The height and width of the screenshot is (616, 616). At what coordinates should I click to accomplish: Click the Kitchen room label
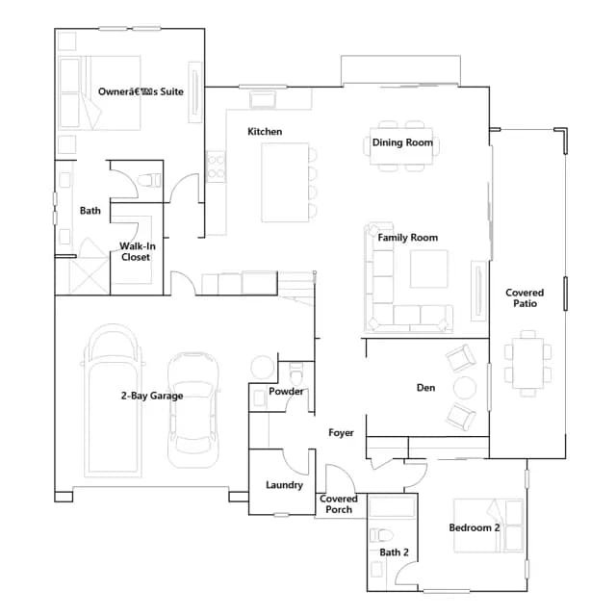pyautogui.click(x=265, y=132)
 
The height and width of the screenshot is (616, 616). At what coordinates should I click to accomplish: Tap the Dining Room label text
pyautogui.click(x=402, y=142)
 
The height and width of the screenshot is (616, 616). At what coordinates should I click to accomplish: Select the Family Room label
pyautogui.click(x=408, y=238)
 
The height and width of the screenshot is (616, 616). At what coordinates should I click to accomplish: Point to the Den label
pyautogui.click(x=425, y=388)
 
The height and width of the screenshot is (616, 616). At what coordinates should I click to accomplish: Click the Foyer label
pyautogui.click(x=341, y=433)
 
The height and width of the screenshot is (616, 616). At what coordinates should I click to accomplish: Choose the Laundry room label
pyautogui.click(x=285, y=485)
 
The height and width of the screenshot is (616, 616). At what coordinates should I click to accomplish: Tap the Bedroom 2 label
pyautogui.click(x=475, y=527)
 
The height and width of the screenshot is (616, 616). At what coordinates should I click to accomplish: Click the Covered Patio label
pyautogui.click(x=525, y=298)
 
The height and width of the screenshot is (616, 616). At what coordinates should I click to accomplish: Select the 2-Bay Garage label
pyautogui.click(x=152, y=396)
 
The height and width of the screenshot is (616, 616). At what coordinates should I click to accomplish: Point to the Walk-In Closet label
pyautogui.click(x=137, y=252)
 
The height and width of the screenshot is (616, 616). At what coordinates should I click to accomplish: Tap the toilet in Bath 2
pyautogui.click(x=382, y=535)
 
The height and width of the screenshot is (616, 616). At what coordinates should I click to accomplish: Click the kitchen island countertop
pyautogui.click(x=285, y=183)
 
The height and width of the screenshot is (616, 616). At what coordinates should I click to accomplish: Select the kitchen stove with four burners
pyautogui.click(x=216, y=167)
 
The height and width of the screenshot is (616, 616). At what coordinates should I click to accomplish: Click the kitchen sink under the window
pyautogui.click(x=263, y=99)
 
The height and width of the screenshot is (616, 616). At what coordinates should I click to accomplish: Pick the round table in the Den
pyautogui.click(x=465, y=388)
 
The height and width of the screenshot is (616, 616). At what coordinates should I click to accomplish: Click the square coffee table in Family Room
pyautogui.click(x=429, y=269)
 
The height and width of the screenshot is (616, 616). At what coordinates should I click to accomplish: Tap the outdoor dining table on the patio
pyautogui.click(x=528, y=363)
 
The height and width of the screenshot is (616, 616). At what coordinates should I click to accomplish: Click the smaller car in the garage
pyautogui.click(x=192, y=410)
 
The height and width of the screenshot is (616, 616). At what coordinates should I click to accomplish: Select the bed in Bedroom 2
pyautogui.click(x=488, y=526)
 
